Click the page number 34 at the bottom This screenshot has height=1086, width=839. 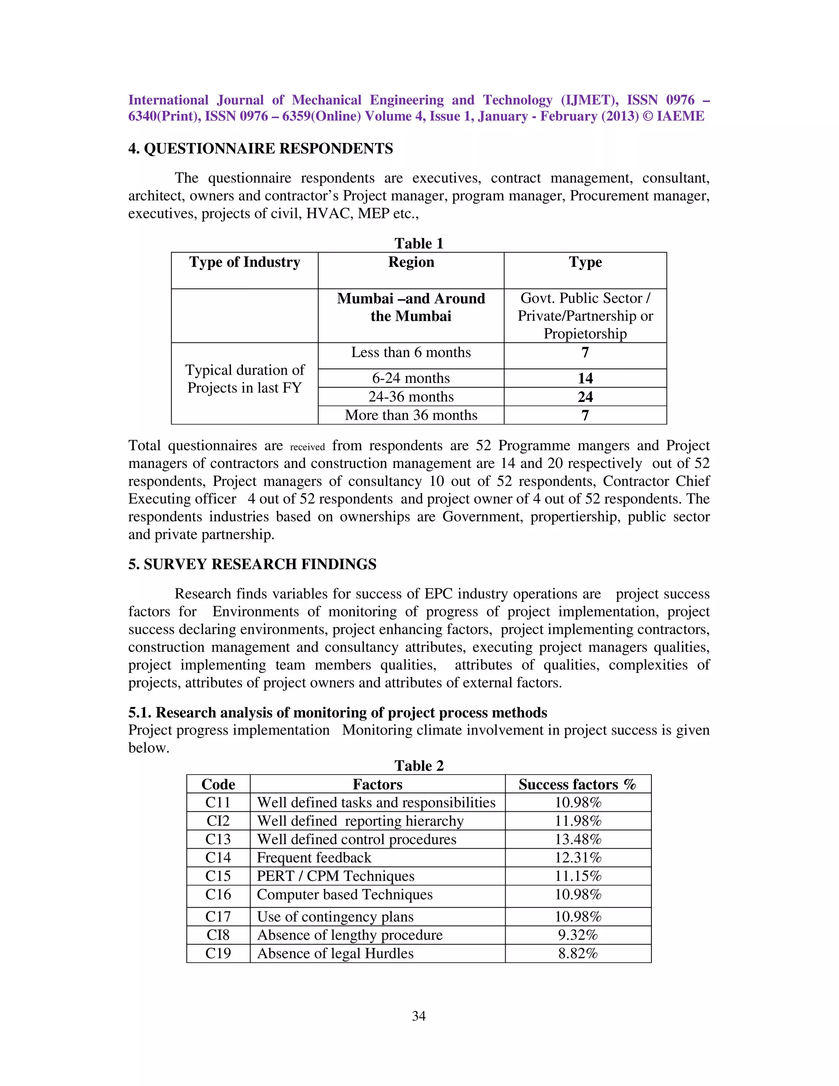(419, 1016)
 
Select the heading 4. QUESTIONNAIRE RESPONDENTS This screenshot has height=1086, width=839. (261, 149)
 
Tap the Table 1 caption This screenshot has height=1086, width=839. (419, 243)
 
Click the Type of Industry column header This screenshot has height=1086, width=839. (245, 262)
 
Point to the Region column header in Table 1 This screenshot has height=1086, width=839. (411, 262)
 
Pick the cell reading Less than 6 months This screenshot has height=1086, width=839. (411, 352)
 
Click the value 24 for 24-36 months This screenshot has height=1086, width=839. (585, 397)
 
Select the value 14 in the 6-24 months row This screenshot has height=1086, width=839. (585, 378)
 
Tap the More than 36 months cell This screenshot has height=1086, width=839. (411, 415)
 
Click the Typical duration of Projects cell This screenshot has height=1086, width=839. (245, 379)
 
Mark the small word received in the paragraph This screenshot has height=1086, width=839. (307, 447)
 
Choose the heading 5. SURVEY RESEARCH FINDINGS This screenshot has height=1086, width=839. (252, 564)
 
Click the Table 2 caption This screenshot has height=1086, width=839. (419, 766)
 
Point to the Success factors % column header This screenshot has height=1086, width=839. (577, 784)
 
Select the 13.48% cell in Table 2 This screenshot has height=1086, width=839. (578, 839)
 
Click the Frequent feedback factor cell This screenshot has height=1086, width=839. (314, 858)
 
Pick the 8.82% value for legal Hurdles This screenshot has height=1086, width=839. (578, 953)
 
